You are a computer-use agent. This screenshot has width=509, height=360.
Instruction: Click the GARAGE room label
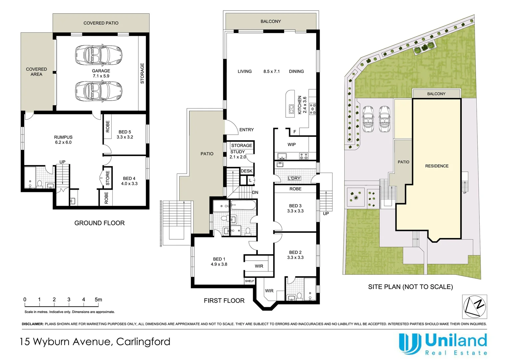point(101,71)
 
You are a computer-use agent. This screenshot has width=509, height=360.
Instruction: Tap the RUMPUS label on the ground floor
point(63,137)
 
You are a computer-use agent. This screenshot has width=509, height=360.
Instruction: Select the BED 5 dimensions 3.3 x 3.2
point(125,137)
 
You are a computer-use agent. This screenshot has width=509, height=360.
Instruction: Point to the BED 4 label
point(129,178)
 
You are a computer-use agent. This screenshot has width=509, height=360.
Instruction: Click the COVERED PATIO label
point(101,23)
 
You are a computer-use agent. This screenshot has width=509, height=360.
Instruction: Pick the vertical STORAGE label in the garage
point(142,73)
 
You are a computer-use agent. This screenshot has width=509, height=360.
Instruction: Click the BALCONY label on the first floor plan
point(270,21)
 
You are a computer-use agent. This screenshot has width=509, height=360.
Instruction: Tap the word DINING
point(296,71)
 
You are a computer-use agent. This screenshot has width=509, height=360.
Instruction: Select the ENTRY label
point(247,130)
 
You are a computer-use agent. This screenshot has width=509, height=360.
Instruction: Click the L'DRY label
point(294,178)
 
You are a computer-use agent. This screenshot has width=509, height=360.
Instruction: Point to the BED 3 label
point(295,206)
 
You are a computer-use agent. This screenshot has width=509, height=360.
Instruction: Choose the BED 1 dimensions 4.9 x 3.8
point(219,264)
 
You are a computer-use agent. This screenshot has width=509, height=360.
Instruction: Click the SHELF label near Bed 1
point(249,281)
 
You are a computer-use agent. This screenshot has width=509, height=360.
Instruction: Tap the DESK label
point(247,171)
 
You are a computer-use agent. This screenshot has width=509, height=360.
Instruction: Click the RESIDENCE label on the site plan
point(437,166)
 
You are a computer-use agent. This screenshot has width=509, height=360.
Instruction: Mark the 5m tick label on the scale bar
point(98,300)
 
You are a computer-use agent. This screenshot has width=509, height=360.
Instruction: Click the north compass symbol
point(474,307)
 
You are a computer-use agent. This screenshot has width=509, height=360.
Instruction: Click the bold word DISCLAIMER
point(33,324)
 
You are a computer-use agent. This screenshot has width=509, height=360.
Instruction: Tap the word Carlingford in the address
point(143,342)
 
